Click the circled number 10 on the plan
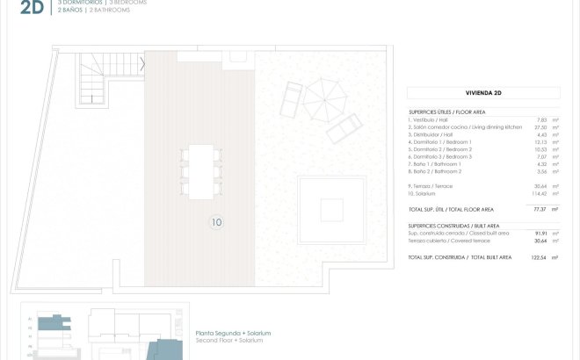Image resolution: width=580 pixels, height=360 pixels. [217, 223]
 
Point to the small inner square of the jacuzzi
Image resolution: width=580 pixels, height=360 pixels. [331, 210]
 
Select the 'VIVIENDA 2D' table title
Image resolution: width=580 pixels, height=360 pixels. [483, 92]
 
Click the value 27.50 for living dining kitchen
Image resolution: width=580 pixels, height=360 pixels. [540, 126]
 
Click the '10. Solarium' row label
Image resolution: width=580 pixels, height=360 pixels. [426, 192]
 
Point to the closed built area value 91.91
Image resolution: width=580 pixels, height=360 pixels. [540, 233]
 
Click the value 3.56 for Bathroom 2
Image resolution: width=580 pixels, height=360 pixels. [541, 171]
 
